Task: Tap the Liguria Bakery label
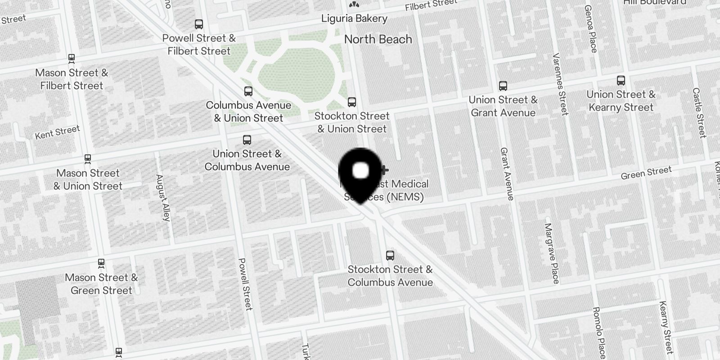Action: pos(354,18)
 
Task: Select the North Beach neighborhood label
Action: pos(378,40)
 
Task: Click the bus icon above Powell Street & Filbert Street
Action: pos(199,24)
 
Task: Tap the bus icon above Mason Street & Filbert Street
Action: pos(71,58)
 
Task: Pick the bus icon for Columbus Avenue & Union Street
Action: pos(248,91)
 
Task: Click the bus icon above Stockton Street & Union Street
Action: pos(352,102)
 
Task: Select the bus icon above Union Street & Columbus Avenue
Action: pos(247,140)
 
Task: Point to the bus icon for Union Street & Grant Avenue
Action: pos(503,86)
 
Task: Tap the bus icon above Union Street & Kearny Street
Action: pos(621,81)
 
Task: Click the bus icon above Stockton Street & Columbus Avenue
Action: pos(390,256)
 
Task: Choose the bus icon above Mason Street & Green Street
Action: pos(101,263)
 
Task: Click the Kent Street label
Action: pos(58,132)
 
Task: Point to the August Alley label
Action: pos(163,198)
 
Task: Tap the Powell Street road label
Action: pos(245,283)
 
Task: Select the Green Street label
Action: pos(646,173)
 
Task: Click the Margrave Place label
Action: pos(552,253)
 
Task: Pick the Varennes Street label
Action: pos(560,84)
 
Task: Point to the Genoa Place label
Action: pos(590,29)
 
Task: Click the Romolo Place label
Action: pos(599,332)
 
